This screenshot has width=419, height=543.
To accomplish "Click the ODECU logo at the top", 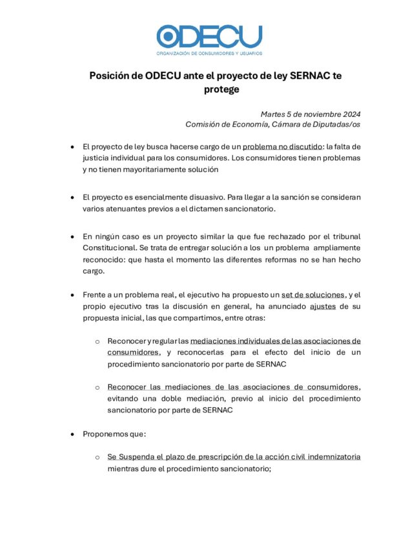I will point(209,39).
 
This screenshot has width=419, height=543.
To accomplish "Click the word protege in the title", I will point(221,90).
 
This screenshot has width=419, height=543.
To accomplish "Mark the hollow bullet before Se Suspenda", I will point(97,457).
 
